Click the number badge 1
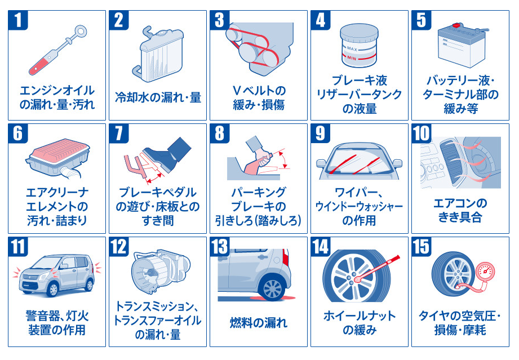tap(18, 20)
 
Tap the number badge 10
tap(422, 134)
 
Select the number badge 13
tap(220, 247)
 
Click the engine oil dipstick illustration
tap(57, 50)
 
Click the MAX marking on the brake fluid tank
tap(352, 48)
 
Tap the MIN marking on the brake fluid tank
tap(352, 58)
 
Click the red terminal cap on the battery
tap(458, 25)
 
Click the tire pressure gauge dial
tap(485, 272)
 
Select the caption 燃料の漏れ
tap(259, 323)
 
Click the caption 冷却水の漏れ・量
tap(158, 97)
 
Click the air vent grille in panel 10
tap(451, 158)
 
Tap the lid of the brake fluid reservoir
tap(359, 32)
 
